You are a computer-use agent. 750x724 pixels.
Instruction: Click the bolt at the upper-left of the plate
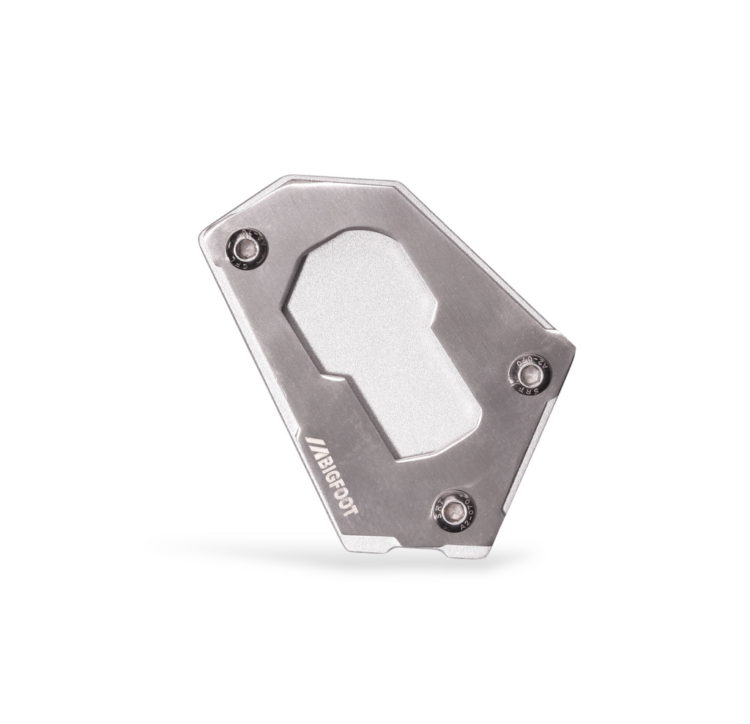pyautogui.click(x=249, y=250)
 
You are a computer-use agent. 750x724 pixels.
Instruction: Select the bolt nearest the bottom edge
pyautogui.click(x=458, y=510)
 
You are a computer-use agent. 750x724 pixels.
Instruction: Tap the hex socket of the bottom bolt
pyautogui.click(x=458, y=510)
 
